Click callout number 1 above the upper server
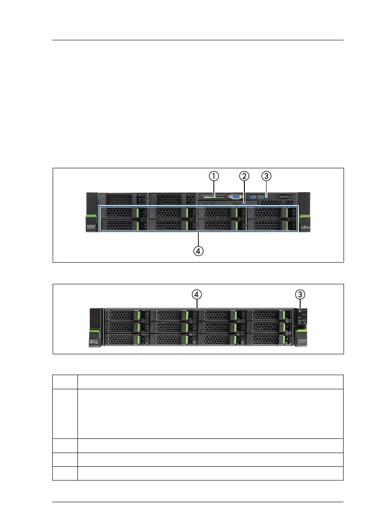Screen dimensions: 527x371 (x=214, y=176)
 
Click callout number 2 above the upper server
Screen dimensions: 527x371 (x=243, y=176)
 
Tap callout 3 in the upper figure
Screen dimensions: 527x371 (x=266, y=176)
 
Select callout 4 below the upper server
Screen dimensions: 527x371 (x=198, y=251)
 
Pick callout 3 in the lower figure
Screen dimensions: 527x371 (x=301, y=294)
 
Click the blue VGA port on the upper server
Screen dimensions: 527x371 (x=235, y=197)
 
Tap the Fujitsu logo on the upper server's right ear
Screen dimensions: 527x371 (x=304, y=227)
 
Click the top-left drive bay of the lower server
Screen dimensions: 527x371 (x=126, y=315)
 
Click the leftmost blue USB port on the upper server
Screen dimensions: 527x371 (x=253, y=196)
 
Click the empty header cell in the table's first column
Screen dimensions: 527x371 (x=65, y=382)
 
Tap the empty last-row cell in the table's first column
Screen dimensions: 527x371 (x=65, y=473)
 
